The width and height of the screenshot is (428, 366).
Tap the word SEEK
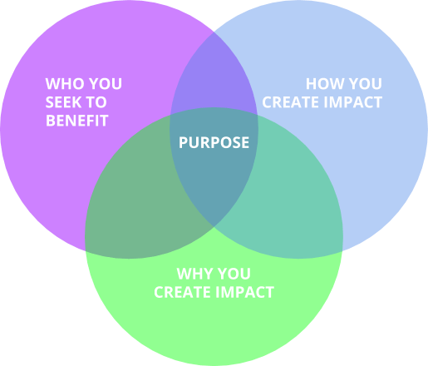[x=61, y=102]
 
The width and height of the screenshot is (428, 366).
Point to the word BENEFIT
[x=76, y=121]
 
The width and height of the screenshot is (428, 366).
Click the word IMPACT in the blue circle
[x=353, y=102]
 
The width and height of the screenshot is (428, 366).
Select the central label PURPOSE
[x=214, y=142]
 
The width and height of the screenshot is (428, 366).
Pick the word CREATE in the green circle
[x=182, y=292]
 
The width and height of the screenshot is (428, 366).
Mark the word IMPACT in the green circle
[x=244, y=292]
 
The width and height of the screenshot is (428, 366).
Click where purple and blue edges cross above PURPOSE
[x=214, y=32]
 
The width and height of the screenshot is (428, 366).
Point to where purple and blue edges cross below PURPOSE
[x=214, y=227]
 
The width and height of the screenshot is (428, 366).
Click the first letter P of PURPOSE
[x=183, y=142]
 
